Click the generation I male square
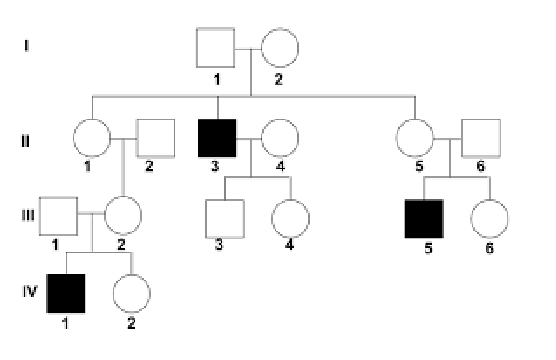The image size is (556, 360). point(215,46)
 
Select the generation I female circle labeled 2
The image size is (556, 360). point(280,46)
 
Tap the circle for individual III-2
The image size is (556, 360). point(125,214)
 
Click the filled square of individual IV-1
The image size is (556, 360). point(67,293)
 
